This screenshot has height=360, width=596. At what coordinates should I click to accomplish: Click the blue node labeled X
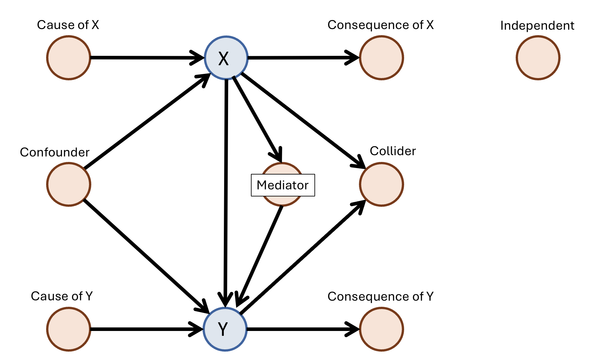pos(226,58)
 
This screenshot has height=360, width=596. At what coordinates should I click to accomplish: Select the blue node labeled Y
pos(225,329)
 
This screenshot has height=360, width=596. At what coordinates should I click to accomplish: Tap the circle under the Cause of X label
pos(69,58)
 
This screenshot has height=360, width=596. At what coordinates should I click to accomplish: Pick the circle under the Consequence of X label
pos(382,58)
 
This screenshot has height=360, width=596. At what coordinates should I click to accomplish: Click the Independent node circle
pos(538,58)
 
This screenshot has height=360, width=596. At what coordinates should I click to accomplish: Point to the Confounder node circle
pos(69,185)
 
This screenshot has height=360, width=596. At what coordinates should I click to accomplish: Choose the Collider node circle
pos(382,185)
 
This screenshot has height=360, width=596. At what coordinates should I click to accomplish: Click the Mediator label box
pos(283,185)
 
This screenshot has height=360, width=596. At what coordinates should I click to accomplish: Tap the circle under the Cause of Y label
pos(69,329)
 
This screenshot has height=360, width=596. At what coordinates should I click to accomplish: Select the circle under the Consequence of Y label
pos(382,329)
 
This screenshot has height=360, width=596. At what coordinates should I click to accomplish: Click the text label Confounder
pos(55,152)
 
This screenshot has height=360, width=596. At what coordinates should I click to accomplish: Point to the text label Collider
pos(392,151)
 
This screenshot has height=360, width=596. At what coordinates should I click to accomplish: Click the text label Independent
pos(537,25)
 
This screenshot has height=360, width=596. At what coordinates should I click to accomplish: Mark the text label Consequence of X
pos(381,25)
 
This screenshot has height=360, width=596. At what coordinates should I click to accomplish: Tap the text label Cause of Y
pos(62,296)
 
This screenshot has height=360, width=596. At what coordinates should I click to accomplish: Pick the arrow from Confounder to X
pos(145,123)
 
